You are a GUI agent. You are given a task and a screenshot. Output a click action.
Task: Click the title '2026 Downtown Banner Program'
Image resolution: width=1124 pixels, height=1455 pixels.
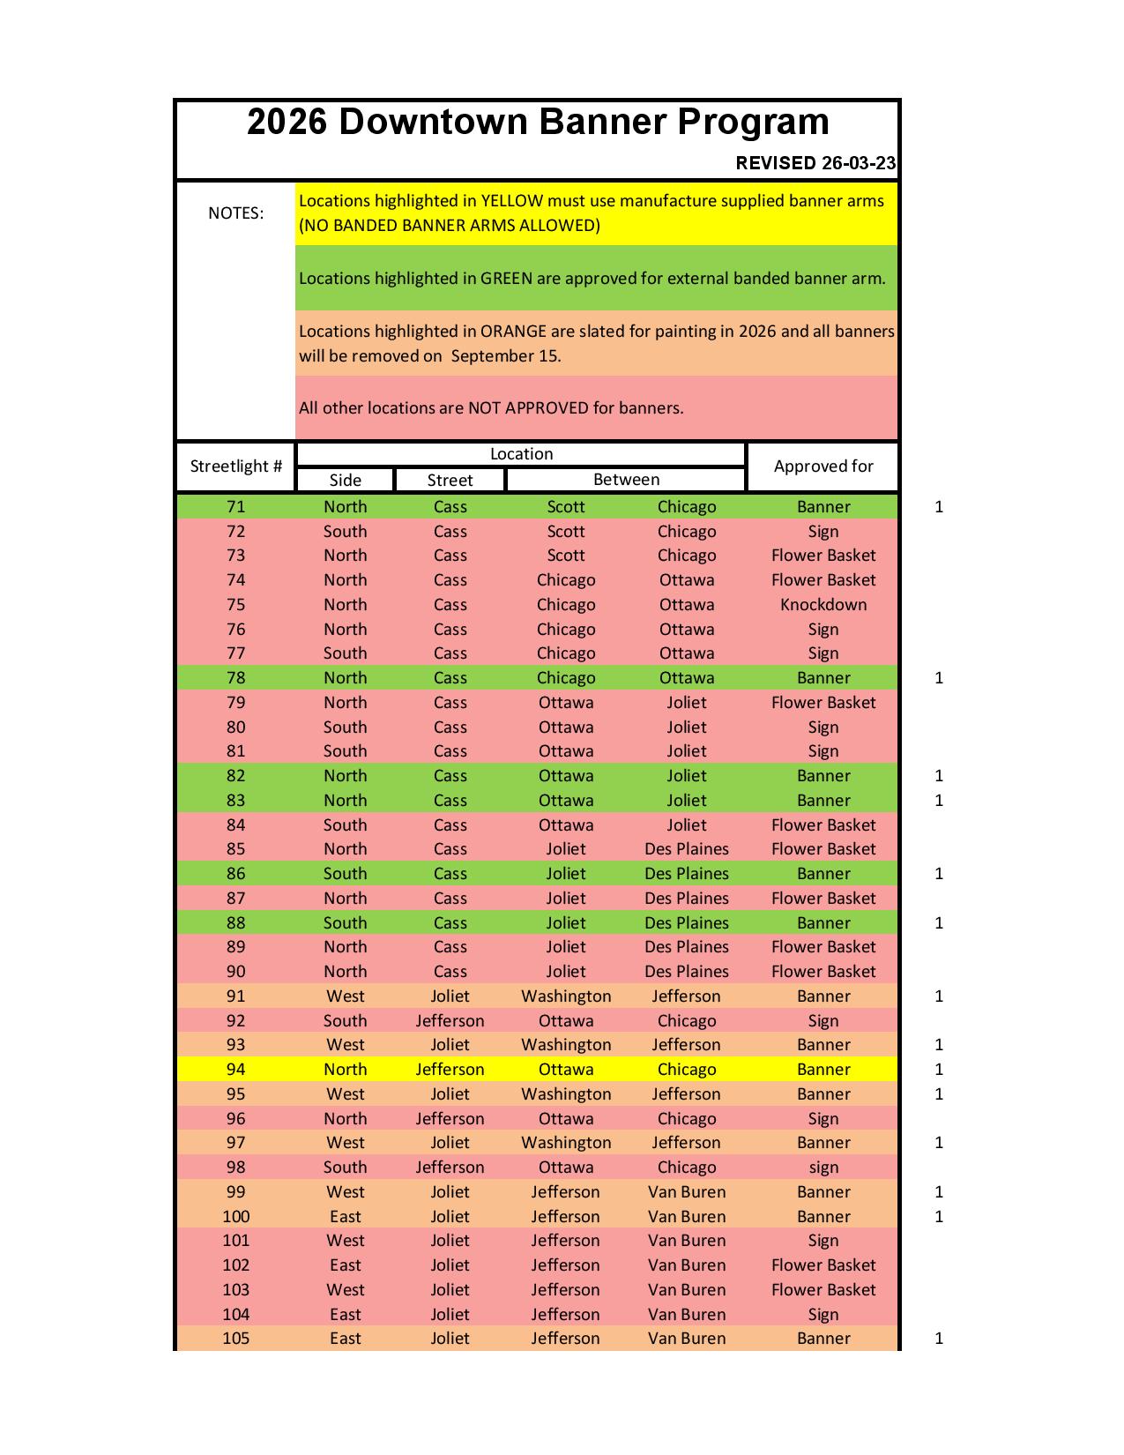[538, 122]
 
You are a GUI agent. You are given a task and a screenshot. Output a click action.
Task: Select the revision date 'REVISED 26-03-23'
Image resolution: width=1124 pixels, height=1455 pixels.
[815, 163]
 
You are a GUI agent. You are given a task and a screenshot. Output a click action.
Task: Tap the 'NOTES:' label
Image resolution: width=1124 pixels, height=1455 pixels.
[235, 213]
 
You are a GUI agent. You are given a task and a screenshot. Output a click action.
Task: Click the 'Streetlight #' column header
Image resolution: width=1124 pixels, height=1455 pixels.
[235, 466]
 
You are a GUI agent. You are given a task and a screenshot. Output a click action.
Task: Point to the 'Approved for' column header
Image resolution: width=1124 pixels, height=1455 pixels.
[823, 466]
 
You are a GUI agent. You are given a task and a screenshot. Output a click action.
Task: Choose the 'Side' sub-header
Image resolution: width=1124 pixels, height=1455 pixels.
[345, 480]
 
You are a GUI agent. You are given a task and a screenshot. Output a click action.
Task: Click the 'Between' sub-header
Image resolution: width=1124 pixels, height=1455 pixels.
[626, 480]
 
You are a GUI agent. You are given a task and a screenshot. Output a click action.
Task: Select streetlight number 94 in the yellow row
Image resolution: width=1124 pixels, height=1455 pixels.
[235, 1070]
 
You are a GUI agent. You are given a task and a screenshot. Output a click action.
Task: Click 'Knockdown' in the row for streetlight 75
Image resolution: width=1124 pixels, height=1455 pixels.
[823, 605]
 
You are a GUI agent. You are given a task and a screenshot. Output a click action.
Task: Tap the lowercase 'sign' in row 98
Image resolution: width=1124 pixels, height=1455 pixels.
[823, 1168]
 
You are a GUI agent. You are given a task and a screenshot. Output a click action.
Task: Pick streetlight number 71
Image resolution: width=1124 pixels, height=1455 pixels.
[235, 507]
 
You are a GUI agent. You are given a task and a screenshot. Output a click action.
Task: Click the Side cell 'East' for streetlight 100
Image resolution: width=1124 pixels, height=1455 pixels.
[345, 1217]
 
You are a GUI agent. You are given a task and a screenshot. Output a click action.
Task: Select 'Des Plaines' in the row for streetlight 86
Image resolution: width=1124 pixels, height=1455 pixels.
[687, 874]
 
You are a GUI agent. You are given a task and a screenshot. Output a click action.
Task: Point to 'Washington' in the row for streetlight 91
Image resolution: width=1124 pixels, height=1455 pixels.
[566, 996]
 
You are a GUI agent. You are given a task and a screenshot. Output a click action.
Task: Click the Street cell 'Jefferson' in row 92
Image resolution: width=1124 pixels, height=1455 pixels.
[450, 1021]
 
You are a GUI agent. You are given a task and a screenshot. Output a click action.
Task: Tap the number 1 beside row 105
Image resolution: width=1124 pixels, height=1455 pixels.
[939, 1339]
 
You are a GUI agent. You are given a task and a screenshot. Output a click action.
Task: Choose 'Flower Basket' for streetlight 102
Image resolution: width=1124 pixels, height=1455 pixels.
[823, 1265]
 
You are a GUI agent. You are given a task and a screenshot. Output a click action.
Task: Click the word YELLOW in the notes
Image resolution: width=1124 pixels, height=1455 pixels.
[511, 201]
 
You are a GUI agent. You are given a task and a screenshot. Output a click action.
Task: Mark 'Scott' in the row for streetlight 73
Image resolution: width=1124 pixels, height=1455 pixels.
[566, 556]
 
